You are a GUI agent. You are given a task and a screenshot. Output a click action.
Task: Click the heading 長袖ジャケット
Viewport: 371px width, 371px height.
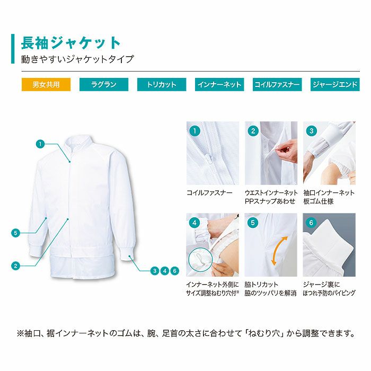[x=71, y=42]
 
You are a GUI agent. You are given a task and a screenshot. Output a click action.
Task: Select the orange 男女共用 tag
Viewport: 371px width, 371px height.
[x=46, y=84]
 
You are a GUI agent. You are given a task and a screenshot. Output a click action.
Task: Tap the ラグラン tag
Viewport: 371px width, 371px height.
[x=104, y=84]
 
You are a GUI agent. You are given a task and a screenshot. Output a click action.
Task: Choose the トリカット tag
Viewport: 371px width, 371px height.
[x=161, y=84]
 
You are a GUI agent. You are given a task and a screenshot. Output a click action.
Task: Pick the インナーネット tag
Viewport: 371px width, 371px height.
[x=219, y=84]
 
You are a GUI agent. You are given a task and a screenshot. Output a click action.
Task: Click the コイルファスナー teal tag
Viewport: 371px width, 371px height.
[x=277, y=84]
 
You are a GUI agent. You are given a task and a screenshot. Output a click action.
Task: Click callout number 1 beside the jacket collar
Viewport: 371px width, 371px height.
[x=40, y=143]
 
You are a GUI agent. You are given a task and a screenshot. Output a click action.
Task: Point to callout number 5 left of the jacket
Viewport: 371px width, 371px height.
[x=16, y=232]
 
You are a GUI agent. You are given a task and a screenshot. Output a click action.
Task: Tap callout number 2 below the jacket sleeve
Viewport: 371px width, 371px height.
[x=16, y=266]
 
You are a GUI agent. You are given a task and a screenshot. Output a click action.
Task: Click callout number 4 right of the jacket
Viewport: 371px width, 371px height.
[x=165, y=271]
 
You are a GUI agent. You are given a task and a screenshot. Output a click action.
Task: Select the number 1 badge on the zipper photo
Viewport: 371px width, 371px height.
[x=195, y=130]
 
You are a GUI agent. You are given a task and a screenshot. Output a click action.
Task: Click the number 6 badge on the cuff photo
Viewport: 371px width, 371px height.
[x=311, y=223]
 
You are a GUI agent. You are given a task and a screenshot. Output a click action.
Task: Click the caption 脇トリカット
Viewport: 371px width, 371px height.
[x=261, y=285]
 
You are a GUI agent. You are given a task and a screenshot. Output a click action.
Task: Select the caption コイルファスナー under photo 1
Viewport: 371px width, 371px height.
[x=209, y=193]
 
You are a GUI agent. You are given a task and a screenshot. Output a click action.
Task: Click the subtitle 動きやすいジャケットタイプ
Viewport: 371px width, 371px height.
[x=77, y=59]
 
